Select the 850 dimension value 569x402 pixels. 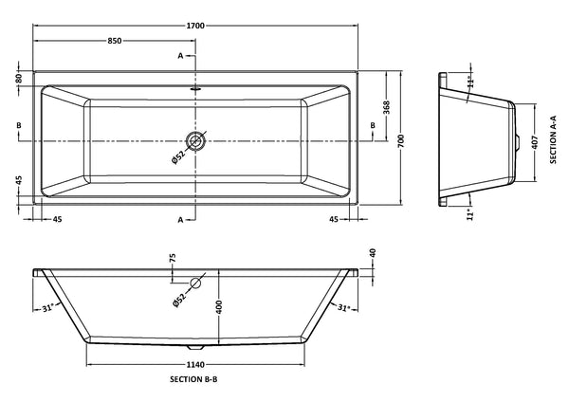[x=114, y=41]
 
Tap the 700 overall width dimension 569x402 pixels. [x=402, y=139]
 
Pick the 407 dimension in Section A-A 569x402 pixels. [x=536, y=144]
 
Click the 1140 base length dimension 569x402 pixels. [x=196, y=361]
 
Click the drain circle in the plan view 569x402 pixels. [x=195, y=141]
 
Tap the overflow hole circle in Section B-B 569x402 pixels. [x=196, y=283]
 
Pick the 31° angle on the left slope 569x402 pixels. [x=48, y=307]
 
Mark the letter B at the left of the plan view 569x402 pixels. [x=19, y=125]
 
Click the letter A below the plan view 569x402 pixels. [x=180, y=219]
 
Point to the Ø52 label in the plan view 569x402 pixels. [x=177, y=157]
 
